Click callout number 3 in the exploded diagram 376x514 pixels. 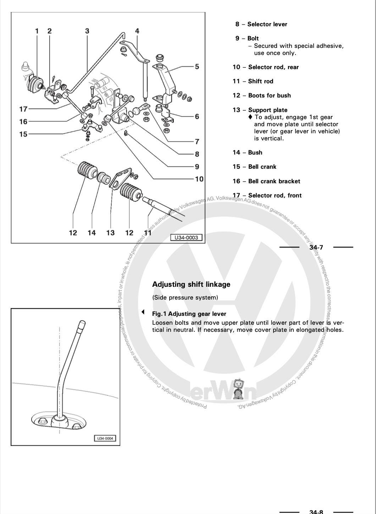[87, 31]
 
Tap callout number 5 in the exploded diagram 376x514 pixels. [197, 66]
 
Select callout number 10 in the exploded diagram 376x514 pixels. [199, 179]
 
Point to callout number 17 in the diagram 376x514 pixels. [23, 109]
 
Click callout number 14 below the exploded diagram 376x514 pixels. [92, 233]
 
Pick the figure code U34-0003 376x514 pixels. [186, 237]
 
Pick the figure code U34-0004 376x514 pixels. [105, 438]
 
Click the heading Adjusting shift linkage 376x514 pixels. [191, 284]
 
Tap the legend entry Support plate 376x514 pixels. [267, 110]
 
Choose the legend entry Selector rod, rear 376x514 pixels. [273, 67]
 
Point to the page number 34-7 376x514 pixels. [316, 247]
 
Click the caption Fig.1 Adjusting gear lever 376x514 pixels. [189, 314]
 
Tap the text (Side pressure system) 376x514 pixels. [185, 297]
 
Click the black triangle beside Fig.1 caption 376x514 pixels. [143, 312]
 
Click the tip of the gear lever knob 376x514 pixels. [82, 323]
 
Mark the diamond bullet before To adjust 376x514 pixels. [250, 117]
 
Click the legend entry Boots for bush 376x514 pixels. [269, 95]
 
